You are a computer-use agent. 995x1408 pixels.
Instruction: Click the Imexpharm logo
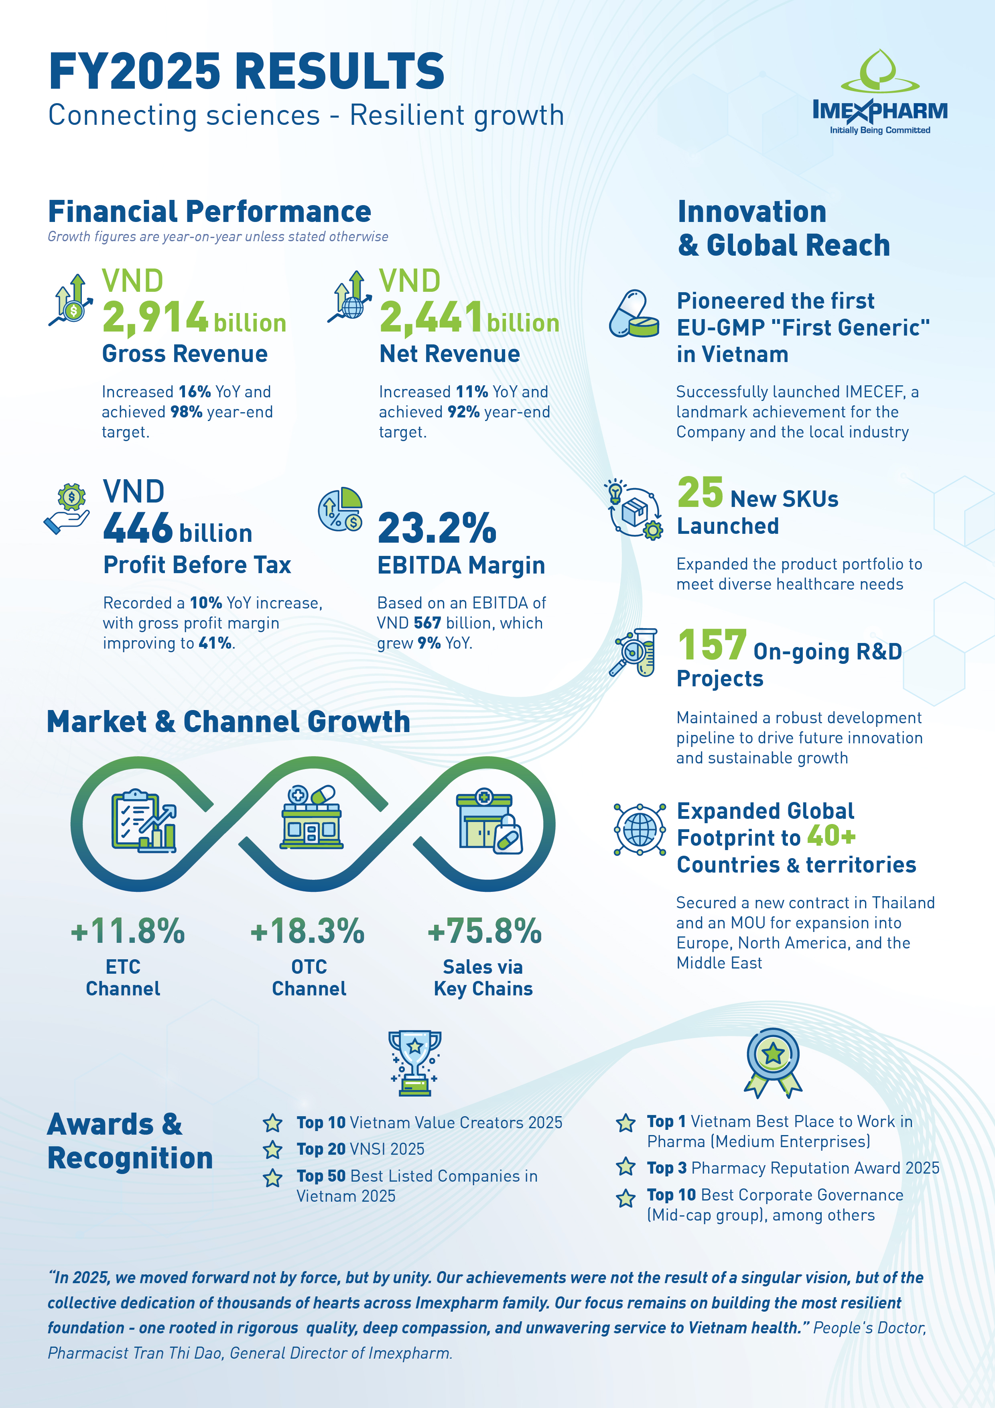tap(880, 92)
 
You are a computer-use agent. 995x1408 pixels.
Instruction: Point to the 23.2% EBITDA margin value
tap(437, 528)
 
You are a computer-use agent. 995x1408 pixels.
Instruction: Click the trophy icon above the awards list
tap(415, 1063)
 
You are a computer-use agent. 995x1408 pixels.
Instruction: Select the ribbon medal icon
tap(773, 1063)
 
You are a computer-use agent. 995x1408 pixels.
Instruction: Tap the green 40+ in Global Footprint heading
tap(831, 835)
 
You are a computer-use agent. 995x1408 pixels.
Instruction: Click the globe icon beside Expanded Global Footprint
tap(640, 829)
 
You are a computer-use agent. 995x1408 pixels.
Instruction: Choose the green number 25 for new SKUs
tap(700, 492)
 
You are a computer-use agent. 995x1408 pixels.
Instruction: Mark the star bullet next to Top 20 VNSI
tap(273, 1150)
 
